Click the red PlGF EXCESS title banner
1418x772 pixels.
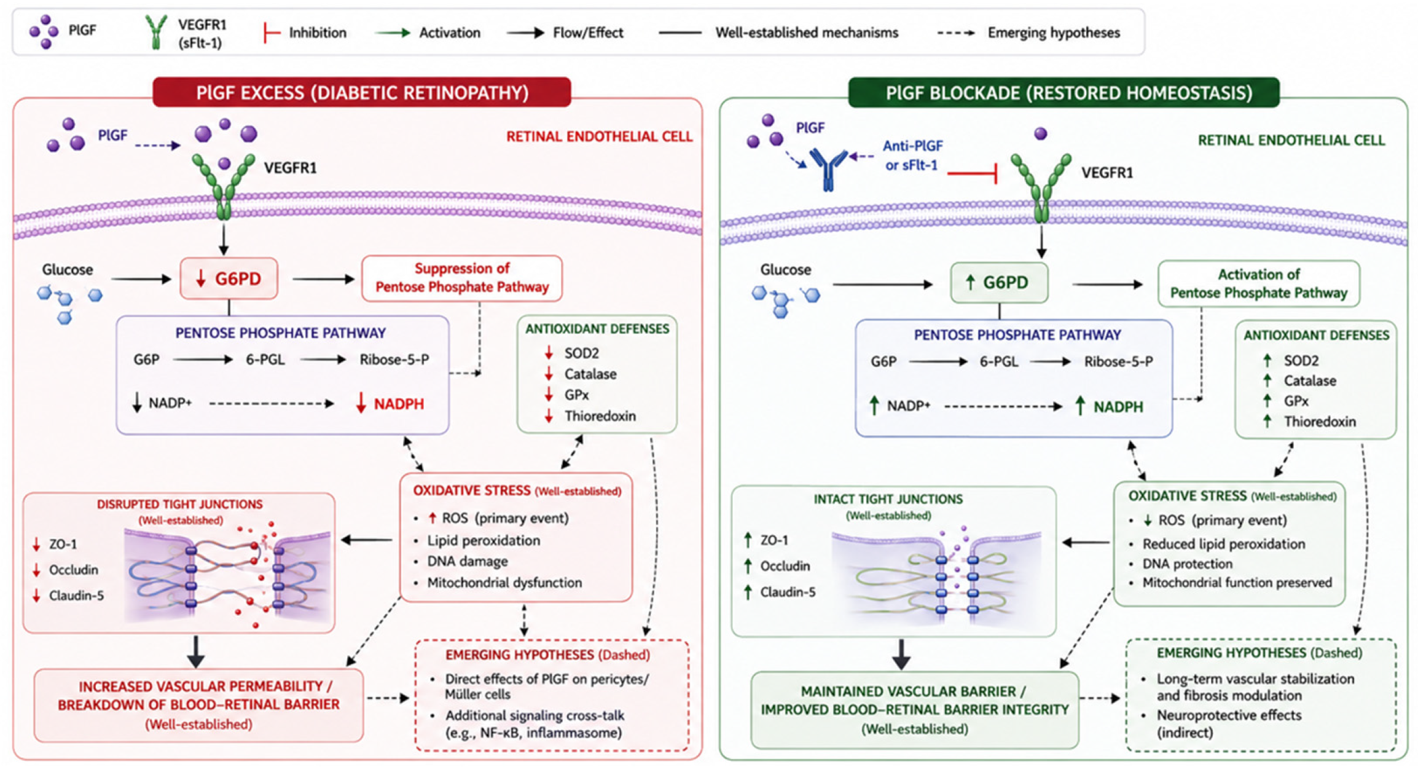(362, 92)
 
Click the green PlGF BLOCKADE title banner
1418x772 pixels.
(1063, 92)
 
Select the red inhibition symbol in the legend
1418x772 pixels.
(271, 33)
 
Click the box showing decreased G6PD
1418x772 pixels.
(229, 279)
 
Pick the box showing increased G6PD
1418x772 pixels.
(999, 283)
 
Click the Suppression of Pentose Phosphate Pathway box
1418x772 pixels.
(462, 278)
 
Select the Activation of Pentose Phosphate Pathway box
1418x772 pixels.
(1258, 283)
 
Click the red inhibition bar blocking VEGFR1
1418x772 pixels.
(972, 174)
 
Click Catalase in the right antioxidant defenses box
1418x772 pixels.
(1310, 381)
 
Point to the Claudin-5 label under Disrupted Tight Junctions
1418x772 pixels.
(76, 596)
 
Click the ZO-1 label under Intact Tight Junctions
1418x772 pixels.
(774, 540)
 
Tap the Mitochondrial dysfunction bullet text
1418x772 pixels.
(504, 583)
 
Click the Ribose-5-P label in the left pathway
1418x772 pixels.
(394, 360)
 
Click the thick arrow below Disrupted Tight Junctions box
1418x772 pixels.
(196, 652)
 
